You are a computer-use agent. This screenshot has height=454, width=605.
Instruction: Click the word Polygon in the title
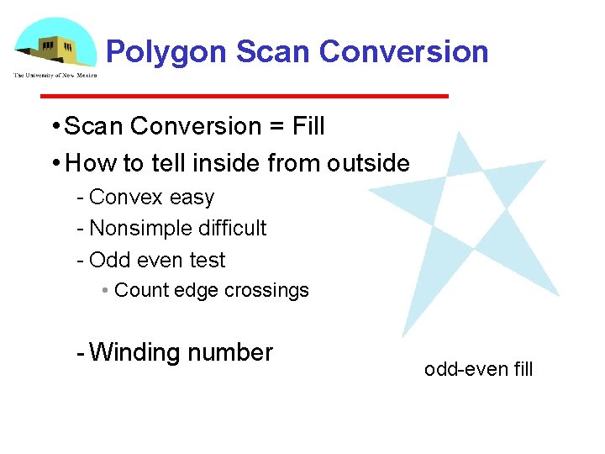coord(166,52)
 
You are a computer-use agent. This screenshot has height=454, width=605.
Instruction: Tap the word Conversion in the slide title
coord(403,52)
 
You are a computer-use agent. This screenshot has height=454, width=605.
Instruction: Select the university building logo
coord(55,47)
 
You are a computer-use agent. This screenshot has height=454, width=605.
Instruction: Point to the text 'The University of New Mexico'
coord(55,76)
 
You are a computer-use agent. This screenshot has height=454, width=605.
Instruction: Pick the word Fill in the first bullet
coord(308,127)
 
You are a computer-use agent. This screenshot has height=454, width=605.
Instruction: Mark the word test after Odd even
coord(208,260)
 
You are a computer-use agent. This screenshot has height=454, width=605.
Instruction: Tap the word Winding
coord(135,352)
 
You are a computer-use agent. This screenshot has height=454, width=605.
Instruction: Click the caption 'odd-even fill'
coord(478,369)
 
